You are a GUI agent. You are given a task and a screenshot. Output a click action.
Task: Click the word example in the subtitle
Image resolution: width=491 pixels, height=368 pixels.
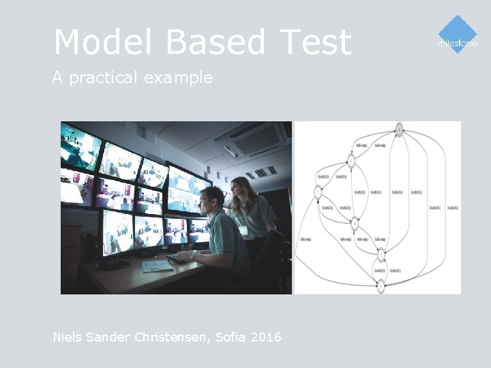tap(178, 78)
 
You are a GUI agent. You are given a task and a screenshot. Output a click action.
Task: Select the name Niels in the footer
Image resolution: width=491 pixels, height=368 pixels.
tap(68, 337)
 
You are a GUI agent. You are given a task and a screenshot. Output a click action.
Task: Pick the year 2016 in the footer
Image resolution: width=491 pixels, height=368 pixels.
tap(266, 337)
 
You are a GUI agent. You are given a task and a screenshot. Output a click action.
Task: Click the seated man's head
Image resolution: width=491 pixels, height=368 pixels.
tap(212, 200)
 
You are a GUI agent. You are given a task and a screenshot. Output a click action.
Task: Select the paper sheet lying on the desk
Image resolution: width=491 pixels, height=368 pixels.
tap(158, 266)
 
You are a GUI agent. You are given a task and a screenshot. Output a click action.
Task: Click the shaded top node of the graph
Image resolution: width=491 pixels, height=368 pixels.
tap(399, 129)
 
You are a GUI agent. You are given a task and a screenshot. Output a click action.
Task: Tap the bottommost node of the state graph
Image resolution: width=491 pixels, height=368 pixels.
tap(381, 286)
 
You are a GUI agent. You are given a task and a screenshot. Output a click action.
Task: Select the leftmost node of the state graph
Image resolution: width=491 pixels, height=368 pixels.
tap(318, 193)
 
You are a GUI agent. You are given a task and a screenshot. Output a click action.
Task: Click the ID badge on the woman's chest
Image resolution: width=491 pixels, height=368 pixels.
tap(243, 230)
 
